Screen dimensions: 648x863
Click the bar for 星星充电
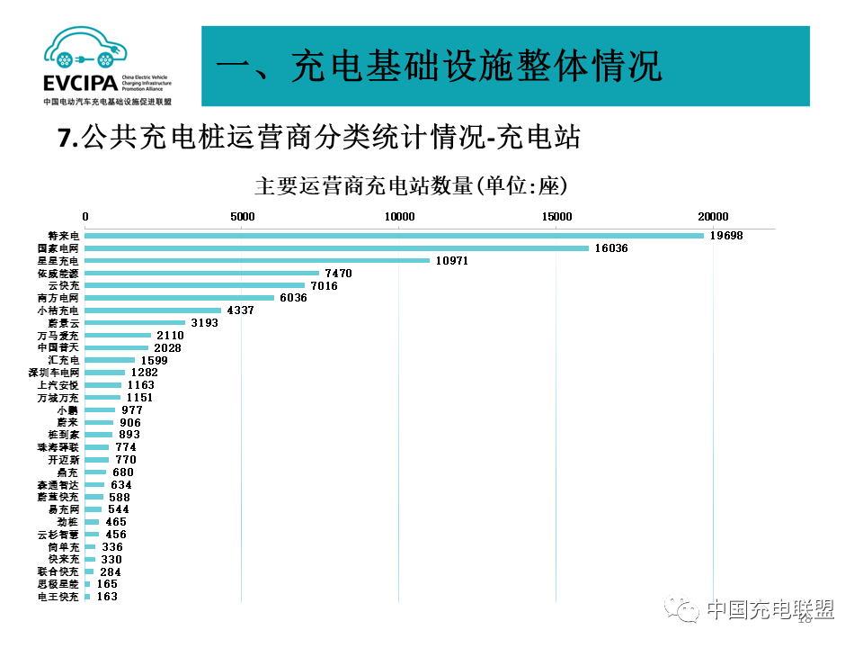pyautogui.click(x=257, y=261)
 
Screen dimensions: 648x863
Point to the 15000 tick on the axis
pyautogui.click(x=556, y=216)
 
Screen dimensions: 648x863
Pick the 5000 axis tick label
pyautogui.click(x=242, y=216)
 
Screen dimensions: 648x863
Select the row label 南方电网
pyautogui.click(x=58, y=298)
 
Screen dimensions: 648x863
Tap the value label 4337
pyautogui.click(x=240, y=310)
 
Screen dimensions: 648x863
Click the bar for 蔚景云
pyautogui.click(x=135, y=322)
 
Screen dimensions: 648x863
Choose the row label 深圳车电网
pyautogui.click(x=54, y=373)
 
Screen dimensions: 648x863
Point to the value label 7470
pyautogui.click(x=338, y=273)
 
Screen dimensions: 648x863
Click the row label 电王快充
pyautogui.click(x=58, y=597)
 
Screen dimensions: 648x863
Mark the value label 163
pyautogui.click(x=107, y=597)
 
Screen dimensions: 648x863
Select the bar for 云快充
pyautogui.click(x=195, y=285)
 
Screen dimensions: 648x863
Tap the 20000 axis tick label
pyautogui.click(x=714, y=216)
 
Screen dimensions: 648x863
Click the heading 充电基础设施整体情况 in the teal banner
pyautogui.click(x=440, y=67)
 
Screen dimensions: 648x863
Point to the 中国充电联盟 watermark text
pyautogui.click(x=770, y=610)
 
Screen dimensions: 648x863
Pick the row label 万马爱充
pyautogui.click(x=58, y=335)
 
